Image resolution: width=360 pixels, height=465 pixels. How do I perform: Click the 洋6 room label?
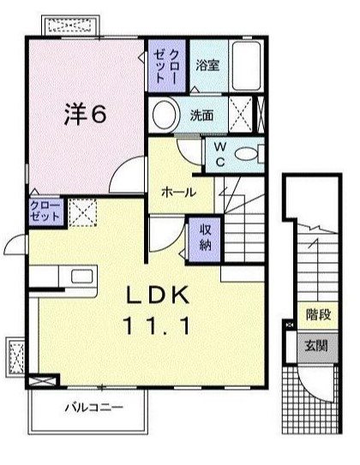[x=85, y=116]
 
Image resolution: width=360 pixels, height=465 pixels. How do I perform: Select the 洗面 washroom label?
[x=201, y=116]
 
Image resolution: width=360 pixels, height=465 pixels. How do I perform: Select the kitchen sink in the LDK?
[x=82, y=276]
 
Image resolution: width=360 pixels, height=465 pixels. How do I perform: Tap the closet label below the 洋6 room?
[x=45, y=212]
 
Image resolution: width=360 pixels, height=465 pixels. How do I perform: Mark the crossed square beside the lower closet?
[x=82, y=211]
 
